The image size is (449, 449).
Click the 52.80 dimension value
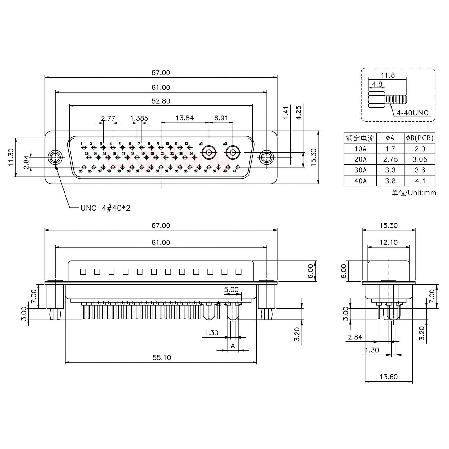[x=161, y=101]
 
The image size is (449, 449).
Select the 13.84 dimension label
[x=185, y=118]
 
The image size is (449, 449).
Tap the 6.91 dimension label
[x=221, y=118]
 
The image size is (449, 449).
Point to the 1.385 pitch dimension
[x=139, y=118]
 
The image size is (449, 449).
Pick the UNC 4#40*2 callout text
[x=105, y=208]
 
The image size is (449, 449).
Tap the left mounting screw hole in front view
[x=55, y=157]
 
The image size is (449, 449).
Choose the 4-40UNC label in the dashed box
[x=413, y=113]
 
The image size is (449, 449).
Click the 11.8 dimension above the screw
[x=388, y=75]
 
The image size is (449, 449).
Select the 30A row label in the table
[x=360, y=170]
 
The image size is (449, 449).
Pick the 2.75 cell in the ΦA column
[x=390, y=159]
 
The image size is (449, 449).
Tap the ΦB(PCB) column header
[x=420, y=138]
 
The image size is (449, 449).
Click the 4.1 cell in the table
[x=420, y=181]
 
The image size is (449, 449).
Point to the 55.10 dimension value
[x=162, y=358]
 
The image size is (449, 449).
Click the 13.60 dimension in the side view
[x=389, y=377]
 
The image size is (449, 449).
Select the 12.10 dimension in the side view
[x=389, y=242]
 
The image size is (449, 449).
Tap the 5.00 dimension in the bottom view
[x=231, y=289]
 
